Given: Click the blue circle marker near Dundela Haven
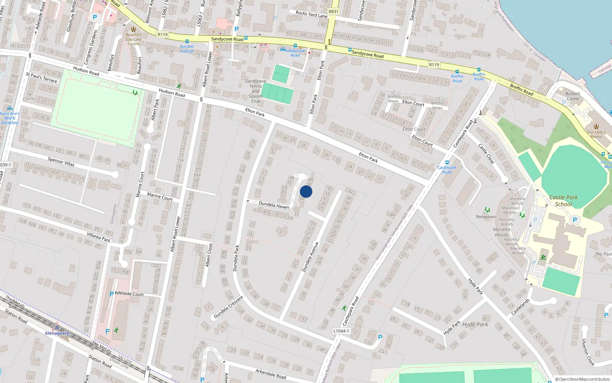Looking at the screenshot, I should (306, 191).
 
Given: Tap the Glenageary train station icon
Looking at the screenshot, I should (57, 327).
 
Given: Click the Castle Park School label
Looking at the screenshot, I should (563, 201).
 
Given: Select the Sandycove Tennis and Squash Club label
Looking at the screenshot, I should (256, 91).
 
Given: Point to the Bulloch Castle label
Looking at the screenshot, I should (573, 96).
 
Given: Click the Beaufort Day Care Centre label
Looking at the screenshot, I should (133, 39).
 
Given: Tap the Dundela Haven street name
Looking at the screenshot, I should (274, 205).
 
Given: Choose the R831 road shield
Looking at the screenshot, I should (334, 11).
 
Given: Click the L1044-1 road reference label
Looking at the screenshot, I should (341, 331).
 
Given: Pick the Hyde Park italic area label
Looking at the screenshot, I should (475, 324).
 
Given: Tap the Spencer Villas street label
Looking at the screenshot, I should (61, 162).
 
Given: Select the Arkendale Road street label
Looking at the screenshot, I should (271, 373).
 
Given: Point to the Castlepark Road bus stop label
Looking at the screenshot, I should (447, 170).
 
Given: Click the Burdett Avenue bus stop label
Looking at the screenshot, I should (187, 49).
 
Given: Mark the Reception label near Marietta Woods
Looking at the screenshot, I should (486, 217).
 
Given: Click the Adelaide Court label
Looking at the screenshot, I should (129, 294).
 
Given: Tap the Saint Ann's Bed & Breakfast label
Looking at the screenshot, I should (10, 118).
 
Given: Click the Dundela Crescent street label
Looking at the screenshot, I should (228, 307).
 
